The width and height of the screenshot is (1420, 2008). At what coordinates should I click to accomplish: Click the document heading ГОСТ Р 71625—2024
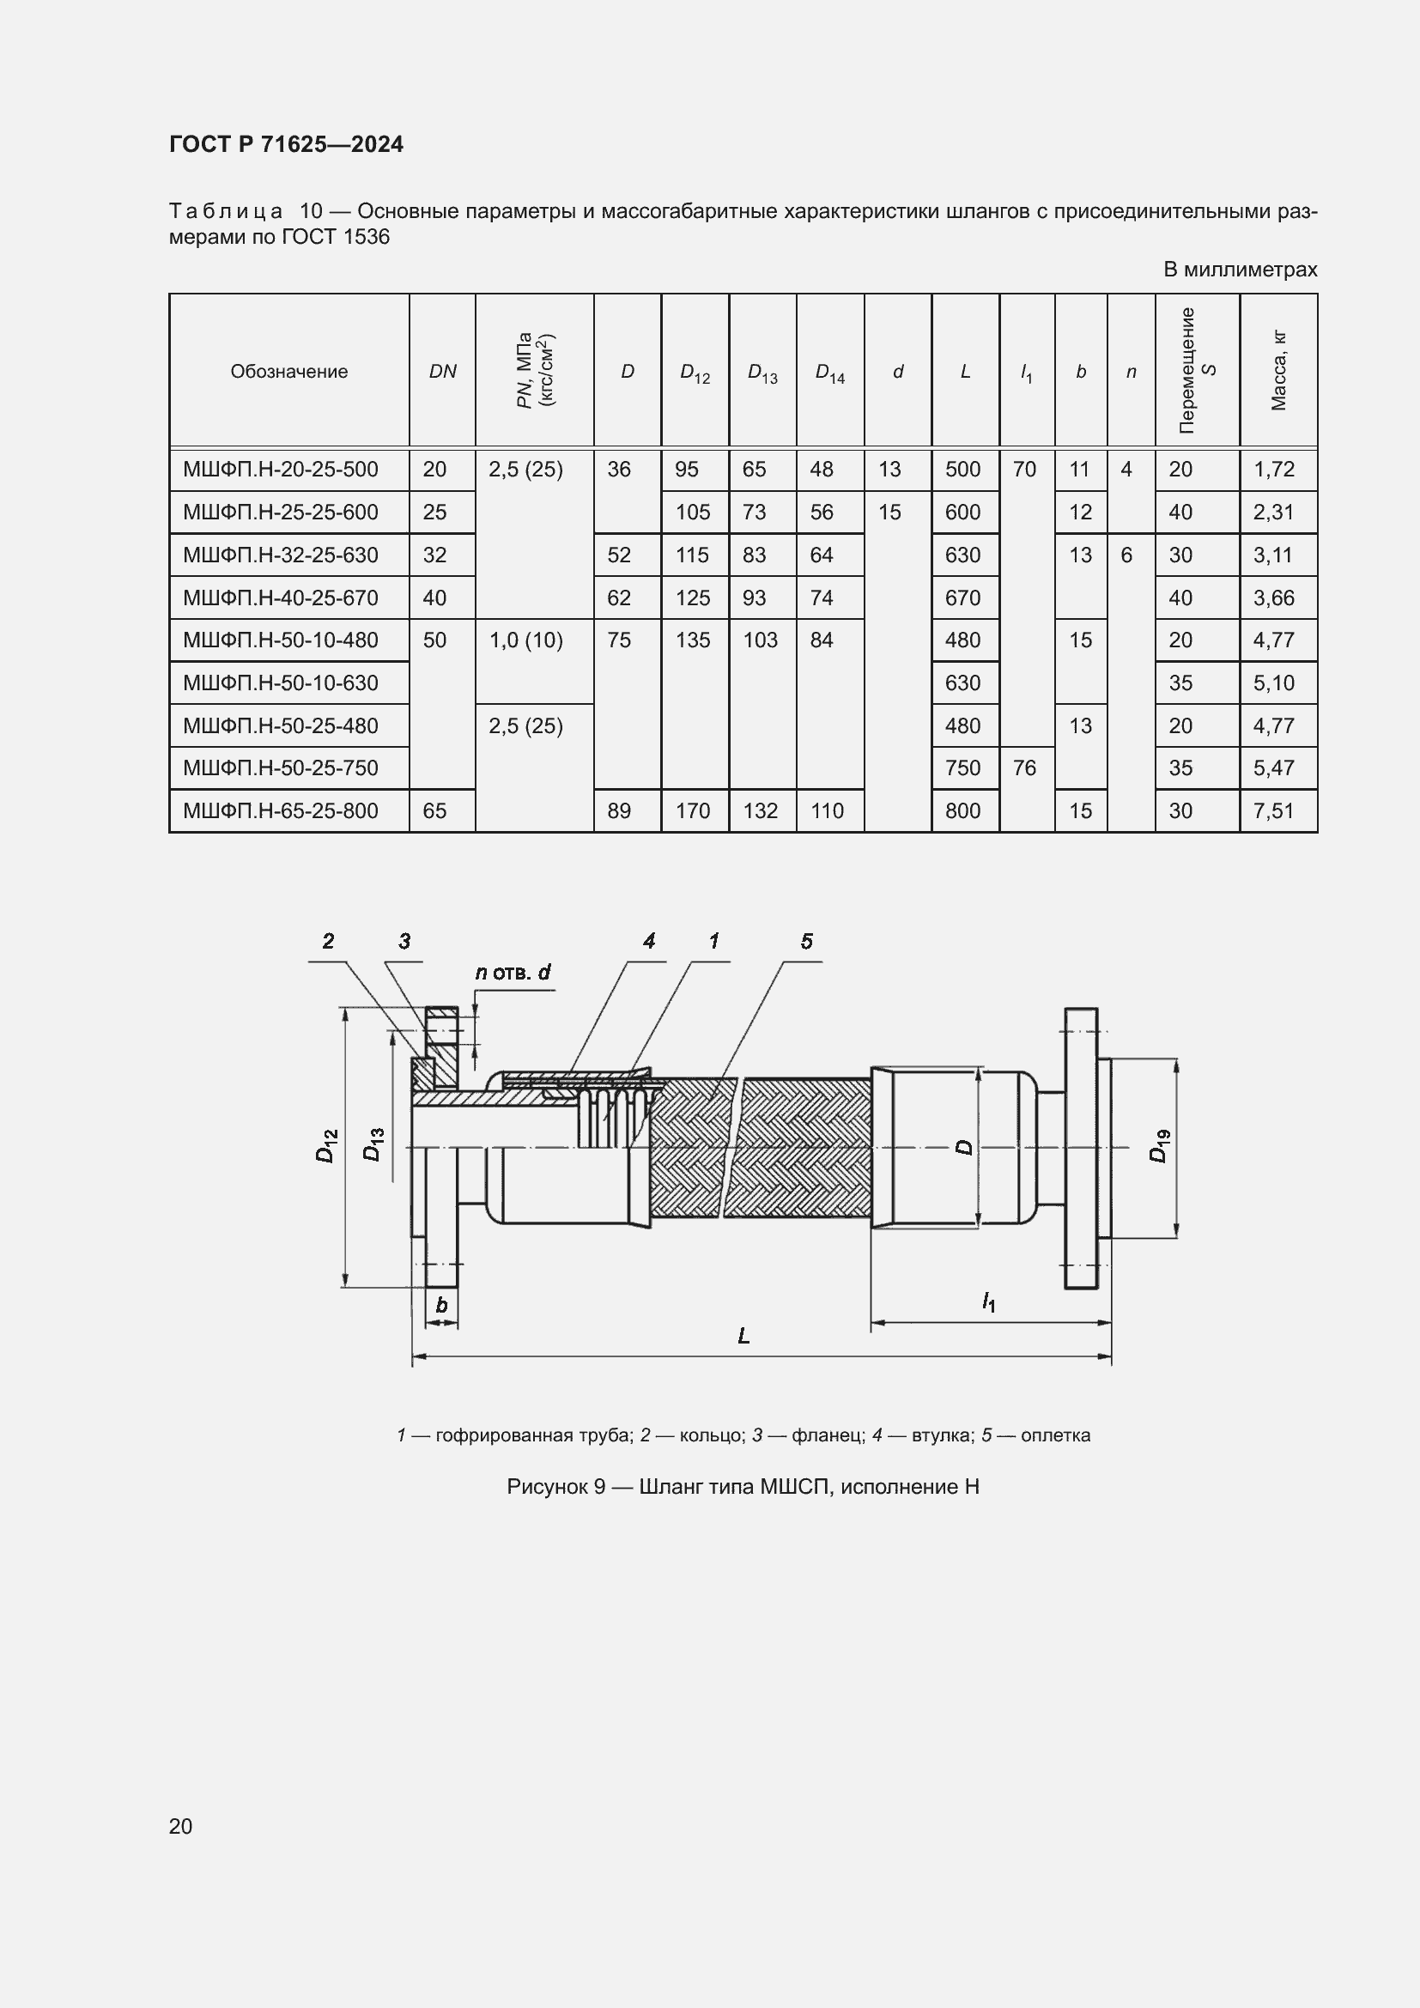point(286,144)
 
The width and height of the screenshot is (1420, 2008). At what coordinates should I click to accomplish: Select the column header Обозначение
point(288,372)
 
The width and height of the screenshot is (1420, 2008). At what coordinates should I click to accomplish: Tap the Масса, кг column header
point(1278,371)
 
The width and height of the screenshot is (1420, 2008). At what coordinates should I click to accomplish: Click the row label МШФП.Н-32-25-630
point(280,555)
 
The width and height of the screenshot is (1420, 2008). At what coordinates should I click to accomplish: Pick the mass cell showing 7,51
point(1273,811)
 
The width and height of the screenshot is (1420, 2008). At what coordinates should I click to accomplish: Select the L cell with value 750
point(962,768)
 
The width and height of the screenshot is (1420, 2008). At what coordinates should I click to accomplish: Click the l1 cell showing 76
point(1024,768)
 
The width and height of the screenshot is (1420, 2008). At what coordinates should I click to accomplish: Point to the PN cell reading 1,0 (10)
point(525,641)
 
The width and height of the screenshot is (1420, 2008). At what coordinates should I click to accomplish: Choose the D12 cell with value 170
point(693,811)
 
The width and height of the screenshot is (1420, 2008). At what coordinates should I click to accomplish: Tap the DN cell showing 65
point(434,811)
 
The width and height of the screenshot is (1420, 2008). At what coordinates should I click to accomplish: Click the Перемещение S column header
point(1197,371)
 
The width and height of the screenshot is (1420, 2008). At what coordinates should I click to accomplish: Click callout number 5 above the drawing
point(806,941)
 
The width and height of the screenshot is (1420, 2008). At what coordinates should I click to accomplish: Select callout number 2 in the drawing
point(328,941)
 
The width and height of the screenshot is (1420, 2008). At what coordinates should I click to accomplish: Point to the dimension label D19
point(1158,1146)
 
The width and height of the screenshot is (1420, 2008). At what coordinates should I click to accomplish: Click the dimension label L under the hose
point(743,1336)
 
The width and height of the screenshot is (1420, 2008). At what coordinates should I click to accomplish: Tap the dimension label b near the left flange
point(441,1306)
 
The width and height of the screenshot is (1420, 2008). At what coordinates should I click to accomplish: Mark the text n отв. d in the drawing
point(513,972)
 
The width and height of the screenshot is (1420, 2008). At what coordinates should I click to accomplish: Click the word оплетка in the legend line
point(1055,1435)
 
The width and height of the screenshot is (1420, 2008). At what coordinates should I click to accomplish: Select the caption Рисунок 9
point(555,1487)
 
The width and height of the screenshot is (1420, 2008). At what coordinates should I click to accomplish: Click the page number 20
point(181,1826)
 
